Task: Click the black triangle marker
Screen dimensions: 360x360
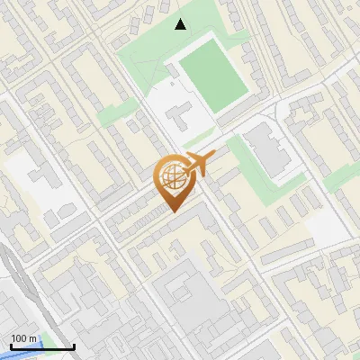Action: point(181,24)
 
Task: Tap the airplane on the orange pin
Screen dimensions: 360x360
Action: point(197,164)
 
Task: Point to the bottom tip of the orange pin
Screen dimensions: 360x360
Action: point(171,213)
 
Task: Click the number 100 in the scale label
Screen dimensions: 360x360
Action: point(19,338)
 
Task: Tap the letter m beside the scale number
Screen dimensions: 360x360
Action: point(33,338)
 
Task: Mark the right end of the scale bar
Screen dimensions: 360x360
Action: point(74,346)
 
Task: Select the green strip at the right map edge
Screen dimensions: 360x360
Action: point(340,178)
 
